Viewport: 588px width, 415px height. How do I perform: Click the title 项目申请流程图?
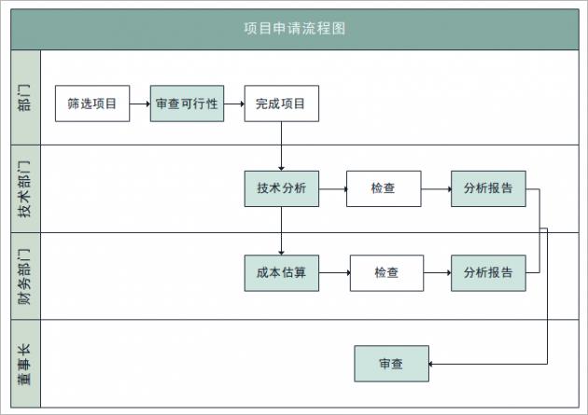(x=294, y=28)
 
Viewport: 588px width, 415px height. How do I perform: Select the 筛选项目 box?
(x=91, y=104)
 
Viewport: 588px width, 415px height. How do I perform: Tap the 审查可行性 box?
(x=187, y=104)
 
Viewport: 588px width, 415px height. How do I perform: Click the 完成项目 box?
(x=281, y=104)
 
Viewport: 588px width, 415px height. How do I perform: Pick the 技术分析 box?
(x=281, y=187)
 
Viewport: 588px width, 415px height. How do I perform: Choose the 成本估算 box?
(x=281, y=272)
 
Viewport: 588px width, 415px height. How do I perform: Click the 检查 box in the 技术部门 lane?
(x=383, y=187)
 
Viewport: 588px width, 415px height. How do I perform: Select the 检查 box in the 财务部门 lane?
(x=386, y=272)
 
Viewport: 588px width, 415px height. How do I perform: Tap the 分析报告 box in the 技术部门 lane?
(x=487, y=187)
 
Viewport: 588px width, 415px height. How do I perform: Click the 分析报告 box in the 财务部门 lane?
(x=487, y=272)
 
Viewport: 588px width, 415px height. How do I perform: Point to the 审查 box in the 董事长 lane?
(x=391, y=363)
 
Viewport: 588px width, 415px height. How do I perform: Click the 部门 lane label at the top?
(x=25, y=97)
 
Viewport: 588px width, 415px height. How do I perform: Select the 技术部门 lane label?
(x=25, y=188)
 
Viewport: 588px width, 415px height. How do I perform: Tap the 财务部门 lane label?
(x=25, y=276)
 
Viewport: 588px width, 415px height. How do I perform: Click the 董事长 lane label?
(x=25, y=364)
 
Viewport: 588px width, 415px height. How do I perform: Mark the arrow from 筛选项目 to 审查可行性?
(x=139, y=104)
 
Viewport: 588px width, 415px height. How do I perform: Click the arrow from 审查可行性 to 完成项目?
(x=234, y=104)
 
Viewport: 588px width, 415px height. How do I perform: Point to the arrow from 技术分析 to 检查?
(x=332, y=187)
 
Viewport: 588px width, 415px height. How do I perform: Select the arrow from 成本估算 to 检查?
(x=334, y=272)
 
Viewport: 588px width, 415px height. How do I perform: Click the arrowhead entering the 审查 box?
(x=433, y=363)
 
